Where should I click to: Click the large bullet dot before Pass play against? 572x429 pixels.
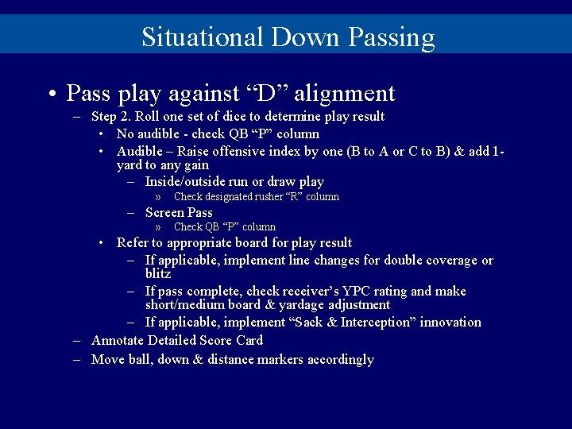(50, 95)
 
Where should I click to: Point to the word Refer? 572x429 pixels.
(134, 242)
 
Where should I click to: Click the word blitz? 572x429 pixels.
(158, 273)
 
